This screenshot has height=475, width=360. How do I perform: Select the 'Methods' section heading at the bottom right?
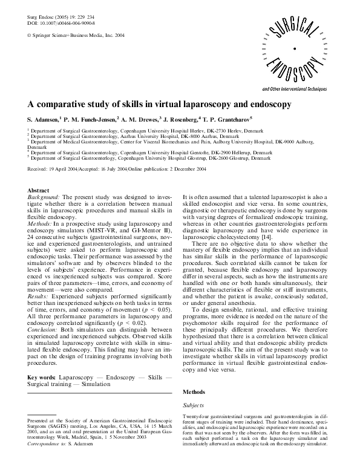click(194, 375)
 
